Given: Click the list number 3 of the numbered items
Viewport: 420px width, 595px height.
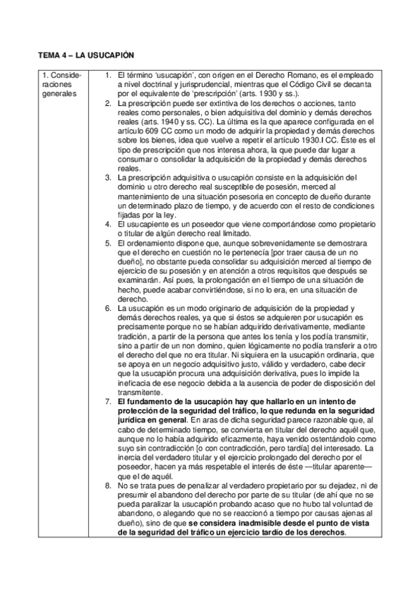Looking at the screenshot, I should pos(109,178).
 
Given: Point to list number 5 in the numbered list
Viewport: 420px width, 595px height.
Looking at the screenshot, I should pos(109,243).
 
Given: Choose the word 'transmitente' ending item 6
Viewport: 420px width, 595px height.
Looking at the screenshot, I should pos(141,392).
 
